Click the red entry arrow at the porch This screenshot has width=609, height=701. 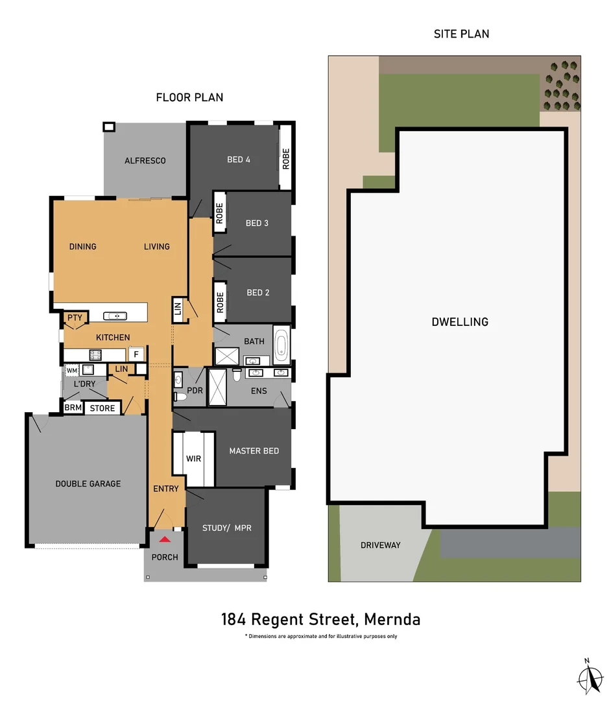(x=165, y=539)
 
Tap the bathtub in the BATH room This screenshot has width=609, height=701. (x=281, y=345)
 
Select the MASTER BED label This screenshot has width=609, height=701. (x=254, y=450)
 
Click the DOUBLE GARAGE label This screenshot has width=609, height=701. (x=88, y=484)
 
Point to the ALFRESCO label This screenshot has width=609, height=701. (x=145, y=160)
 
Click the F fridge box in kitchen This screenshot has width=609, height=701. (x=136, y=354)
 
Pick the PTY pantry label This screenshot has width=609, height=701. (x=75, y=317)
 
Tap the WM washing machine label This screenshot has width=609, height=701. (x=71, y=370)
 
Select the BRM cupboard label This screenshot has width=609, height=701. (x=73, y=408)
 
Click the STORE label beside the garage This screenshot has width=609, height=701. (x=102, y=408)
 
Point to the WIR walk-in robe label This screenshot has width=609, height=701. (x=193, y=458)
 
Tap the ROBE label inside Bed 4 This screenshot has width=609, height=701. (x=285, y=159)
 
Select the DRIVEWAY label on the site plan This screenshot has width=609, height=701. (x=380, y=545)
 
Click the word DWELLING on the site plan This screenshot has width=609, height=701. (x=460, y=322)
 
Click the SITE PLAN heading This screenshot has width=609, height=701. (x=461, y=34)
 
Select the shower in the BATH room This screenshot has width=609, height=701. (x=227, y=356)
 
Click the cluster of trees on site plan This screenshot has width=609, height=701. (x=561, y=85)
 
